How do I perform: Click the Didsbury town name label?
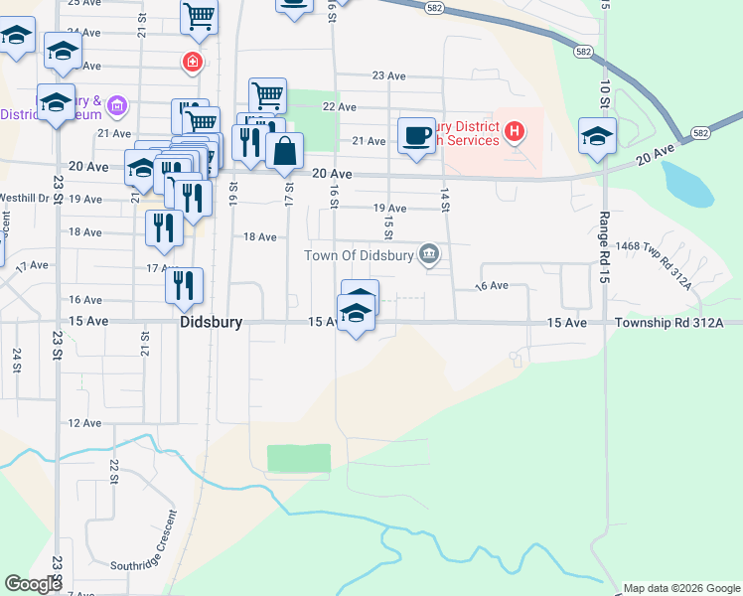click(212, 323)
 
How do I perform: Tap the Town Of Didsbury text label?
click(360, 255)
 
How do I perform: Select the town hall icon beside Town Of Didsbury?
click(429, 254)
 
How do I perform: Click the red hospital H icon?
click(514, 130)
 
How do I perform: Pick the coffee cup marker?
click(416, 134)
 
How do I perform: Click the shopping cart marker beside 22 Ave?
click(267, 95)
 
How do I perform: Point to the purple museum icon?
click(117, 104)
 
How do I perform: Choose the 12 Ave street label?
click(84, 423)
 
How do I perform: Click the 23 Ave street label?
click(389, 75)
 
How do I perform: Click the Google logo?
click(33, 585)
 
